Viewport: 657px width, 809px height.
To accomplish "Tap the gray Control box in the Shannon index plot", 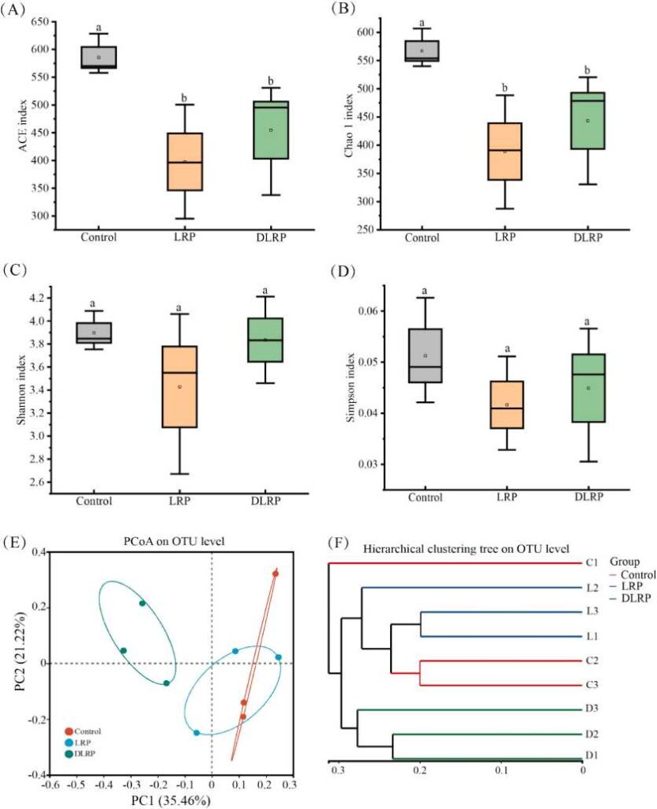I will click(93, 333).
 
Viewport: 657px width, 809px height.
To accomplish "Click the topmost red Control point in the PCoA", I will click(276, 574).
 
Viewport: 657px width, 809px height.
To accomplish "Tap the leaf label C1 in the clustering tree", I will click(591, 563).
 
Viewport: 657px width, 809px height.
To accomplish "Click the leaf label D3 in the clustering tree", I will click(591, 710).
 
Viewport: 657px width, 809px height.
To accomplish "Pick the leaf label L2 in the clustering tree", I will click(591, 588).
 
